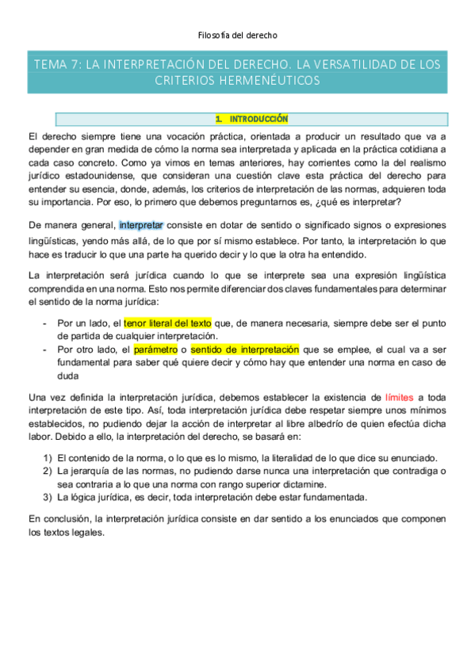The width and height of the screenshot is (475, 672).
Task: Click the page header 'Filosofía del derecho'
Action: tap(237, 35)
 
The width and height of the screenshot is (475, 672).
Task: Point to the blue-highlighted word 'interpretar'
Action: tap(141, 225)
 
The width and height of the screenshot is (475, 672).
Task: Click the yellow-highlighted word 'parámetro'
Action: tap(155, 349)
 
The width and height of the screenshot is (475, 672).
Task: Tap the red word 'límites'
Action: tap(398, 397)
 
